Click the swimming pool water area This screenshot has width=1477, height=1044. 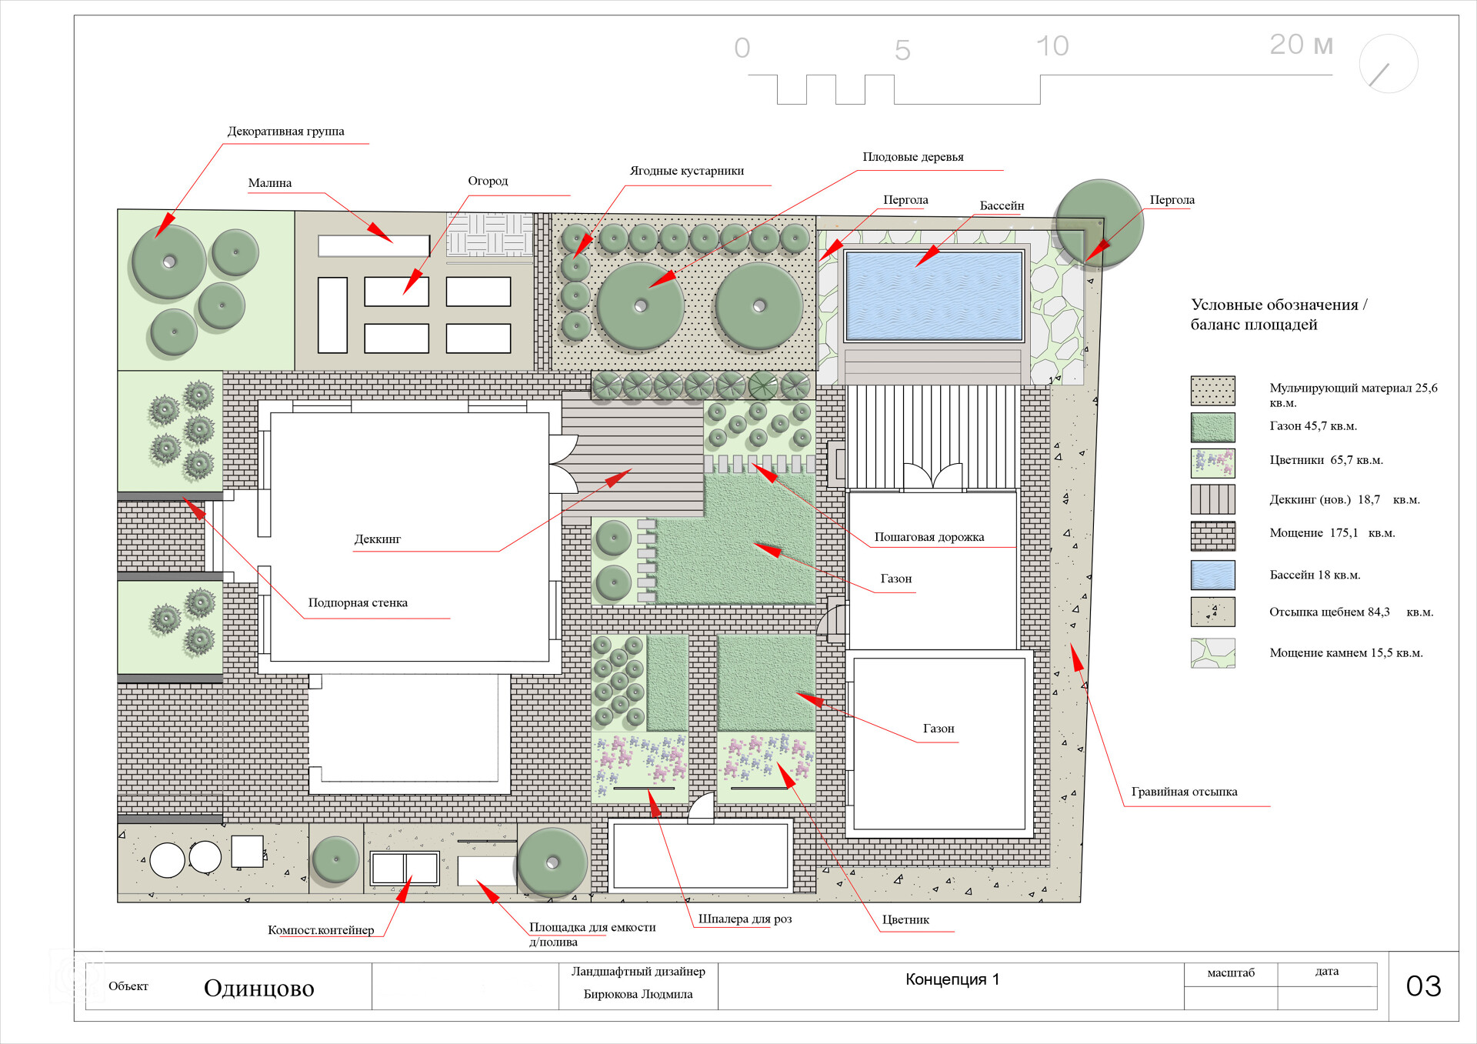click(x=934, y=295)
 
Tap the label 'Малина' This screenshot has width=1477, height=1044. click(x=270, y=183)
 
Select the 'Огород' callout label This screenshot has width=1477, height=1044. click(x=488, y=181)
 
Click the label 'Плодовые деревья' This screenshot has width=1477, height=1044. click(x=913, y=157)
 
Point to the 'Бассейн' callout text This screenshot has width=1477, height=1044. click(x=1002, y=205)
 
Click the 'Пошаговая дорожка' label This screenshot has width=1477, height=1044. click(x=929, y=537)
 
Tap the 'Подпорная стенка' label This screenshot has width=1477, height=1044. click(x=358, y=602)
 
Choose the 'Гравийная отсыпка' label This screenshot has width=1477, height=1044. click(x=1184, y=792)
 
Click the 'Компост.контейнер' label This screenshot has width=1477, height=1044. click(x=321, y=930)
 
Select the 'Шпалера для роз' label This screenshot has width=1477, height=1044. click(x=745, y=919)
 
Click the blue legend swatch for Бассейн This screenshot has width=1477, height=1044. click(x=1212, y=575)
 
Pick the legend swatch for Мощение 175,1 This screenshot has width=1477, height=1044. click(x=1212, y=536)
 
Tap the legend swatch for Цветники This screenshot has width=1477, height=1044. click(x=1212, y=463)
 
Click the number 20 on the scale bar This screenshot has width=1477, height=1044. click(x=1286, y=45)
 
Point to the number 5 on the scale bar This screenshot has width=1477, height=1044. click(x=902, y=51)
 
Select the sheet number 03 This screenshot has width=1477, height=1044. click(x=1423, y=986)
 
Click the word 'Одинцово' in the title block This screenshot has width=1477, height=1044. click(x=259, y=988)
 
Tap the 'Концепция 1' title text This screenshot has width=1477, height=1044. click(x=952, y=979)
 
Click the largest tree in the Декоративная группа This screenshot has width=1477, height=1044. click(x=169, y=262)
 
